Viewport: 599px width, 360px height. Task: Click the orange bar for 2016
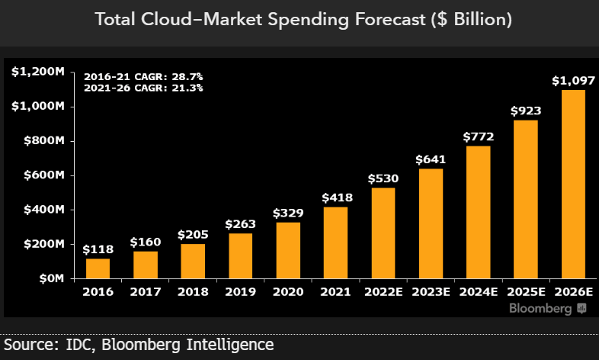[98, 268]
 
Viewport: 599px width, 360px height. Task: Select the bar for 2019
[240, 256]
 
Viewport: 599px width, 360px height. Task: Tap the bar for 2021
[335, 243]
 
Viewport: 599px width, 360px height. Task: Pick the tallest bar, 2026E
[573, 184]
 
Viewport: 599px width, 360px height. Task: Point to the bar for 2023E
[431, 223]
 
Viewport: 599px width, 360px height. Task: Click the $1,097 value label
[573, 80]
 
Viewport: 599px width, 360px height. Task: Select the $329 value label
[288, 213]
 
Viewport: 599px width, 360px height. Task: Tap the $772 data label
[479, 137]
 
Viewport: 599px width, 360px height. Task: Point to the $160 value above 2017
[145, 243]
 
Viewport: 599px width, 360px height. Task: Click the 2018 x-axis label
[193, 292]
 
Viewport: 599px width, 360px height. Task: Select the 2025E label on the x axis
[526, 292]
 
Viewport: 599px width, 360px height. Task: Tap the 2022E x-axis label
[383, 292]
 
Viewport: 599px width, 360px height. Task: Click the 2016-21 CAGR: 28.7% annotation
[143, 76]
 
